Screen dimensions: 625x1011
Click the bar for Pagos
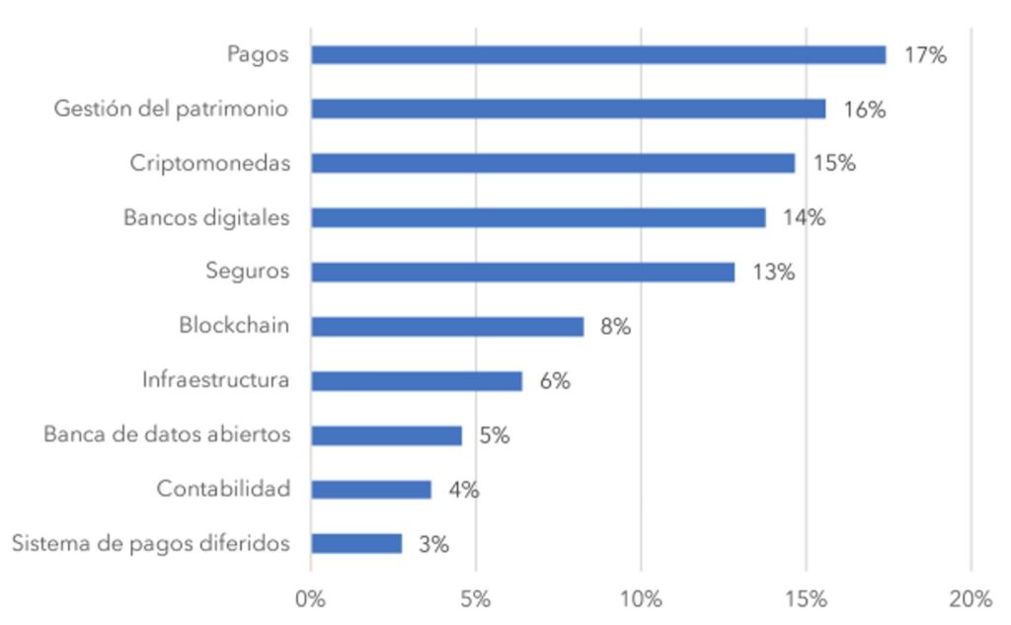[x=597, y=55]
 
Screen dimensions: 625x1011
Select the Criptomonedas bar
[x=552, y=164]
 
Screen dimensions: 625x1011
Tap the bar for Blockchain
[x=446, y=327]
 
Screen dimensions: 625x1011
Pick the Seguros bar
[x=522, y=273]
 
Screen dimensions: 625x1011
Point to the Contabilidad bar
[x=370, y=490]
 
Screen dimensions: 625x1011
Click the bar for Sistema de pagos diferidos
[x=355, y=544]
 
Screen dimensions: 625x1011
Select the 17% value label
[x=925, y=55]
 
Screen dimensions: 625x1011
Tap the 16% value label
[x=864, y=110]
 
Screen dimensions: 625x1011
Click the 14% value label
[x=804, y=218]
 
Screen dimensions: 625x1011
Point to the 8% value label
[x=615, y=327]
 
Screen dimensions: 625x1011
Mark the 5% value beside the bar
[x=494, y=435]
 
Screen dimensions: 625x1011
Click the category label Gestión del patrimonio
[x=172, y=109]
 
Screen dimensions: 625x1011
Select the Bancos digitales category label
[x=206, y=217]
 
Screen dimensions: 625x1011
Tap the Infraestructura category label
[x=216, y=380]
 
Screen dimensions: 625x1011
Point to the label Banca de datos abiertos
[x=167, y=434]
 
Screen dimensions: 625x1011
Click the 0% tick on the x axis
[x=311, y=599]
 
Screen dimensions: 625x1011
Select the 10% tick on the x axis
[x=641, y=599]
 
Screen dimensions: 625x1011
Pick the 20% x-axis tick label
[x=971, y=599]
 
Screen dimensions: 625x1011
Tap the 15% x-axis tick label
[x=806, y=599]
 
